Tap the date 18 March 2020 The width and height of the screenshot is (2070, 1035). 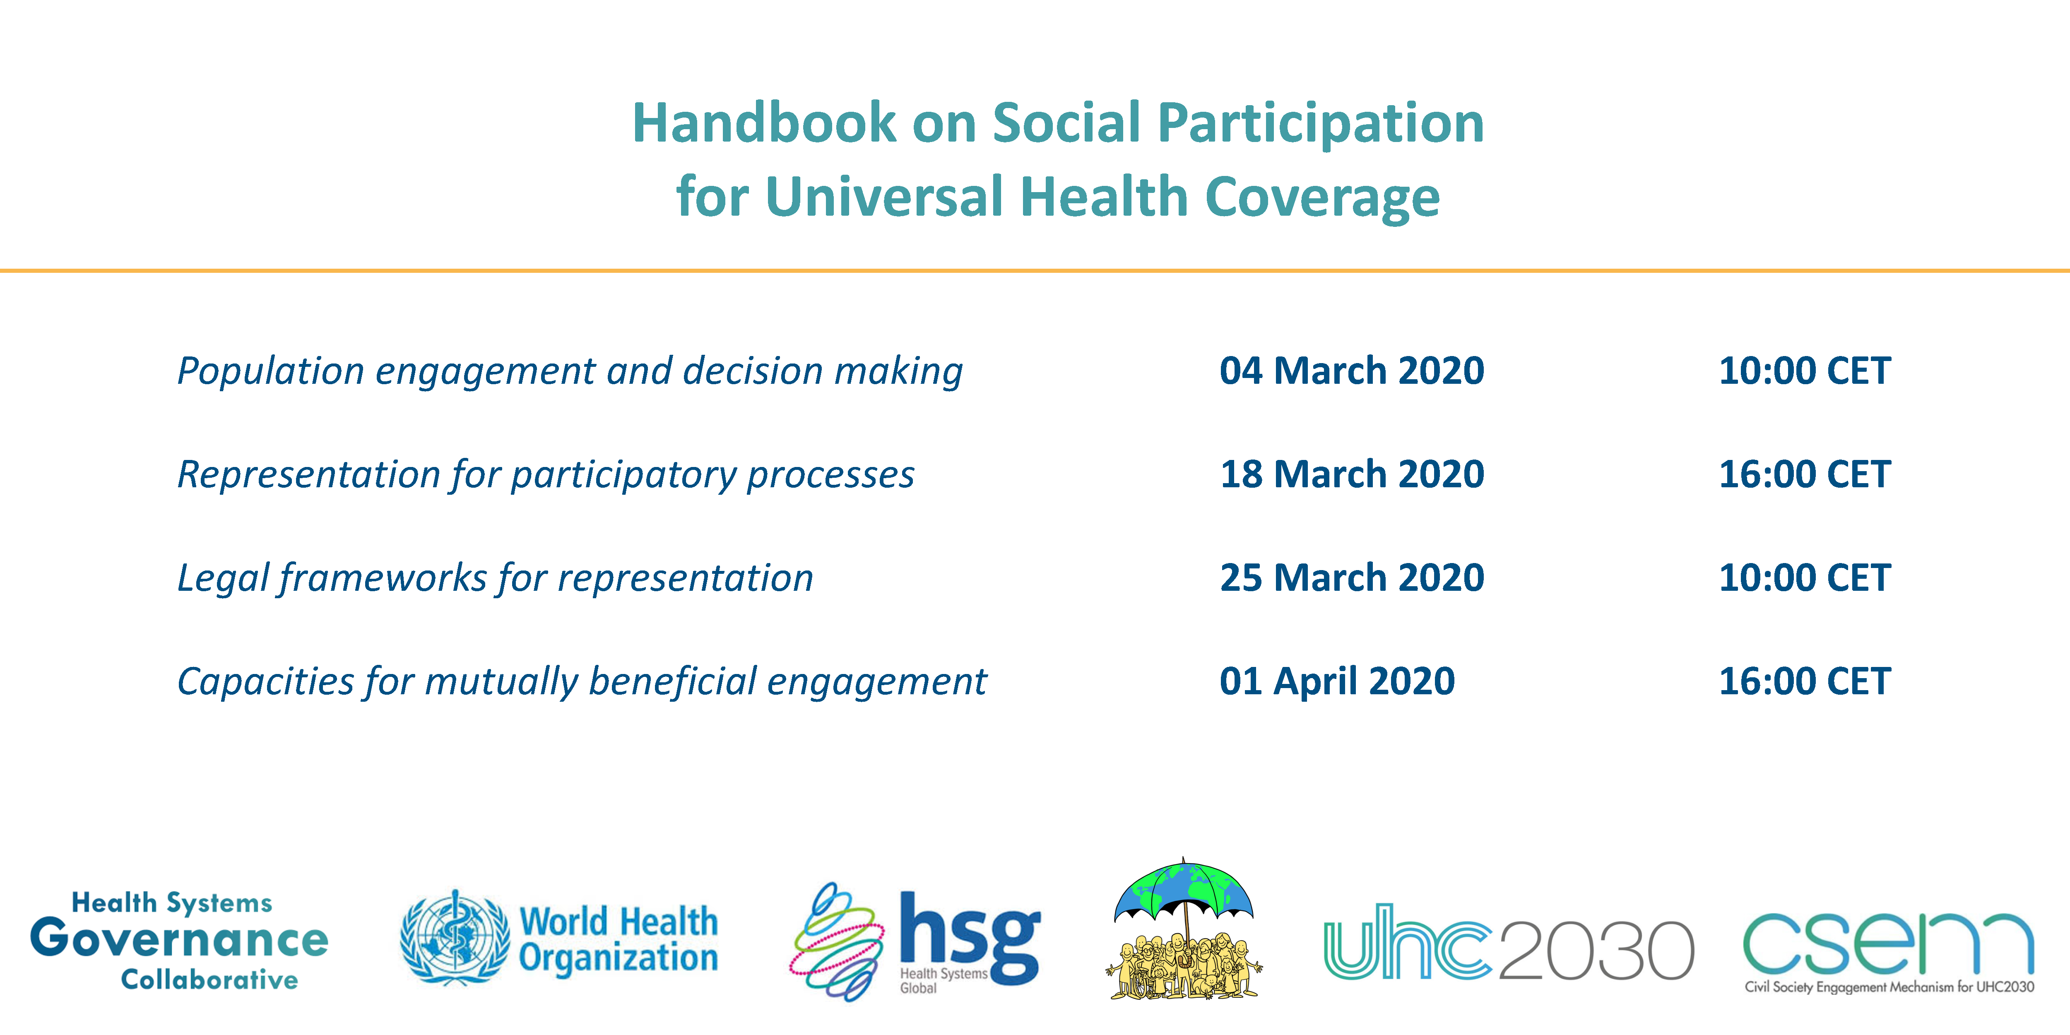(x=1352, y=474)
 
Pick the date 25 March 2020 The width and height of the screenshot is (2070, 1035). (x=1352, y=578)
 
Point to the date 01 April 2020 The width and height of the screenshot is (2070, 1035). (x=1337, y=681)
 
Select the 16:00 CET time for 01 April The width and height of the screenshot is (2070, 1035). (x=1805, y=681)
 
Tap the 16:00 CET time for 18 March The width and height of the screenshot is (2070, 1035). (x=1805, y=474)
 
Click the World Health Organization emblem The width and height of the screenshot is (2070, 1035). (x=455, y=937)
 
